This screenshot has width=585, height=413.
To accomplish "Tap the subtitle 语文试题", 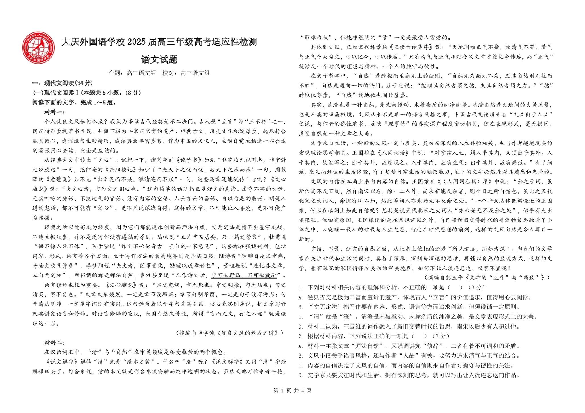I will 159,60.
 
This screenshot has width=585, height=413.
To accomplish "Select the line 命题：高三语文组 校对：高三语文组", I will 159,73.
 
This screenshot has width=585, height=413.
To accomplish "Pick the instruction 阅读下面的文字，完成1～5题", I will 75,102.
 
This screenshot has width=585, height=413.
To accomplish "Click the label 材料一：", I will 55,112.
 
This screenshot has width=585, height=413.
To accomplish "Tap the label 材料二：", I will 55,343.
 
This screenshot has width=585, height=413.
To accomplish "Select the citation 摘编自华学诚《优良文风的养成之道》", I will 230,333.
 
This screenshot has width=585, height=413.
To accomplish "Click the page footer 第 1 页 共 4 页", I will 292,390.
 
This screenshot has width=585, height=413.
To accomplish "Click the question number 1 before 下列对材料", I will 300,287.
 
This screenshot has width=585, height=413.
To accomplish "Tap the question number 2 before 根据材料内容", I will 300,336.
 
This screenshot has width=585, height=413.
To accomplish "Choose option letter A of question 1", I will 300,297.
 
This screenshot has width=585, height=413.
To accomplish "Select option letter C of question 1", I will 300,317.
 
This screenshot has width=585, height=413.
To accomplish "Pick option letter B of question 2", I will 300,355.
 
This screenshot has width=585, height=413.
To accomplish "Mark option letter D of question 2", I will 300,375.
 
